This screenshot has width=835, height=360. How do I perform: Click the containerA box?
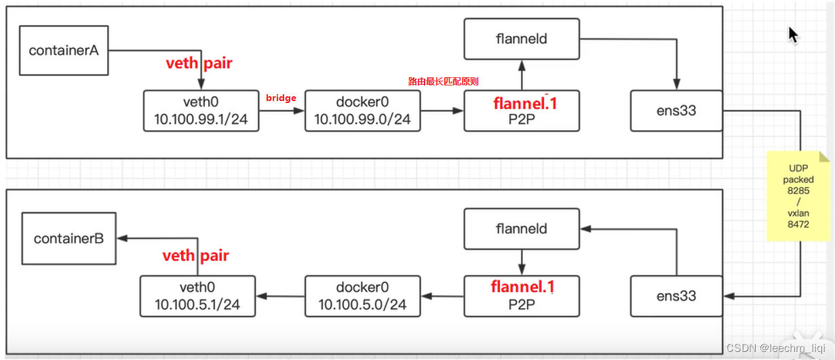coord(64,51)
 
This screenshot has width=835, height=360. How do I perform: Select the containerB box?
coord(69,239)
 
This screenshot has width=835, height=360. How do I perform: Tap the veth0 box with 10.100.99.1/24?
coord(201,111)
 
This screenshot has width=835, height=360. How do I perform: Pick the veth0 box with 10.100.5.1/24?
coord(197,296)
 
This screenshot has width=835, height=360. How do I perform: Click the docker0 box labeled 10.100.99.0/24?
coord(363,111)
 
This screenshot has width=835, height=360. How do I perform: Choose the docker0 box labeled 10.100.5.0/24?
coord(363,296)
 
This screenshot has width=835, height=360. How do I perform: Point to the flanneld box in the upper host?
coord(522,39)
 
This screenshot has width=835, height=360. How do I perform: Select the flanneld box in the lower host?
coord(522,229)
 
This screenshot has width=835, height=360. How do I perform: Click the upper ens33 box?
coord(676,111)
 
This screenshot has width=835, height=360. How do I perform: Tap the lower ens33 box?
coord(676,296)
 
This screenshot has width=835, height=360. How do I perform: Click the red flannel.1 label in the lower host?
coord(522,287)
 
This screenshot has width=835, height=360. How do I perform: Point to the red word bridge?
coord(281,98)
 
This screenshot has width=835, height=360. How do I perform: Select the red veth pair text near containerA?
coord(199,64)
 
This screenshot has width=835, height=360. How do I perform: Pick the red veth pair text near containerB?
coord(195,256)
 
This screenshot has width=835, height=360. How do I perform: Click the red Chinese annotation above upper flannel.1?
coord(443,81)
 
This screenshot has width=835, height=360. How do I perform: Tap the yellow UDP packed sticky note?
coord(799,197)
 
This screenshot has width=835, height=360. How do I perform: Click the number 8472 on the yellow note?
coord(798,224)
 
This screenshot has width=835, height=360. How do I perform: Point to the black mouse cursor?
coord(793,35)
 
